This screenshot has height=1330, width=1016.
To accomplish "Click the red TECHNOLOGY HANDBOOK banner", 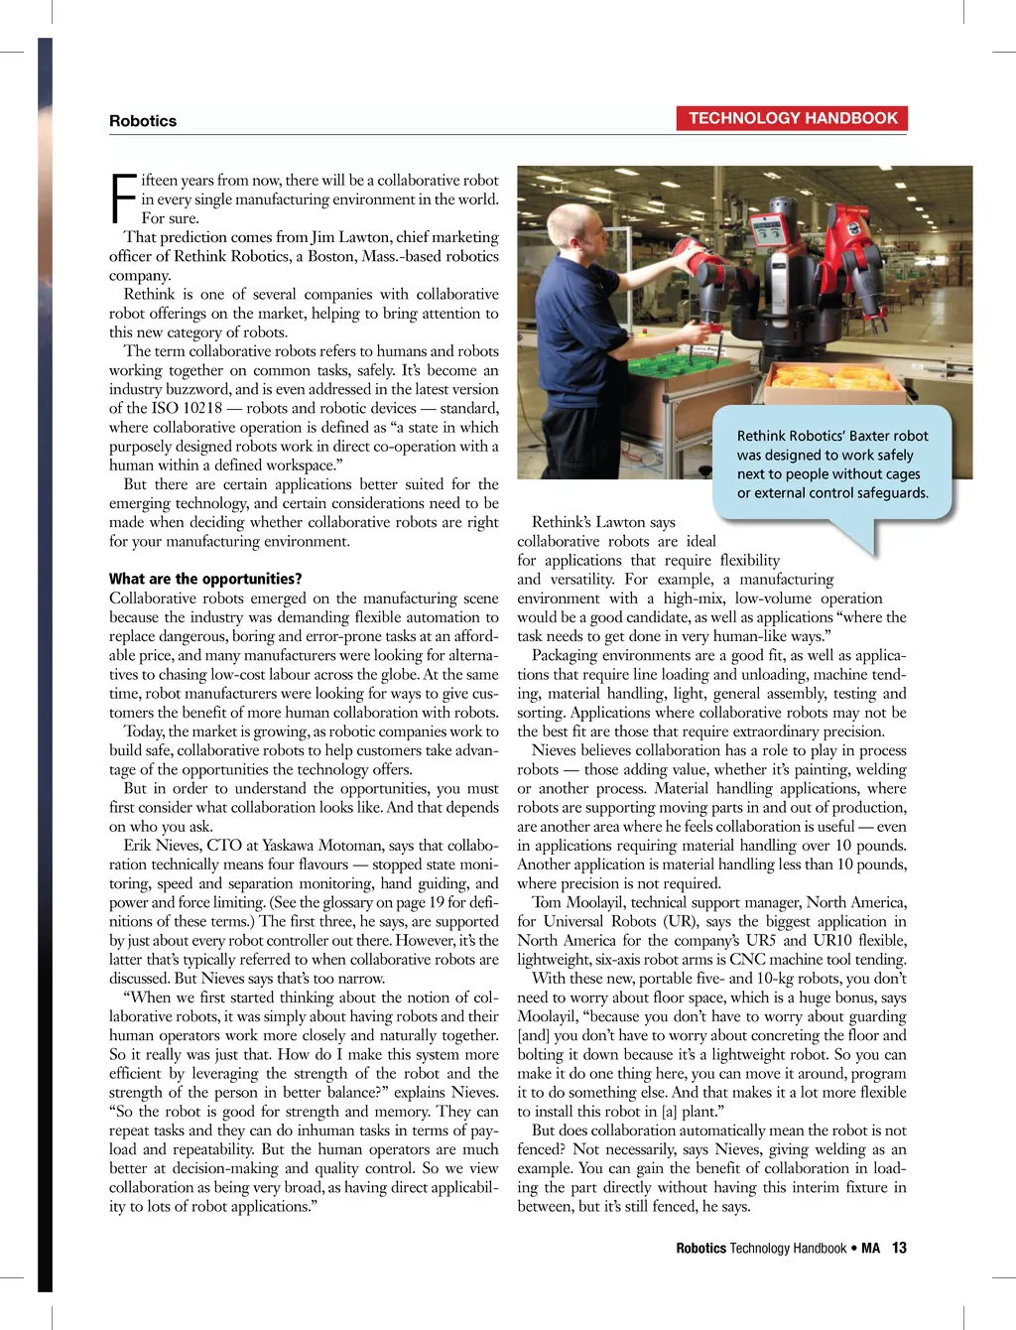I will pos(792,118).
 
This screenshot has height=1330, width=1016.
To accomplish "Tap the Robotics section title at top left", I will pos(143,121).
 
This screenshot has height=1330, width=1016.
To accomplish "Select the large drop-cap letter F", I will pos(122,199).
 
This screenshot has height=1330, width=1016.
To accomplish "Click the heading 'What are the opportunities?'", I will pos(205,579).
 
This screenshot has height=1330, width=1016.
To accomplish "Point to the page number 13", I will pos(899,1248).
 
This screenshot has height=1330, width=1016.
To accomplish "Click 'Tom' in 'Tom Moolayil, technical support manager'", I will pos(547,902).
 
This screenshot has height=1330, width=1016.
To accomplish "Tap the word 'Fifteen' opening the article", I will pos(159,181).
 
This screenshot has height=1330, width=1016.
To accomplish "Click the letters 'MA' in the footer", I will pos(870,1248).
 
